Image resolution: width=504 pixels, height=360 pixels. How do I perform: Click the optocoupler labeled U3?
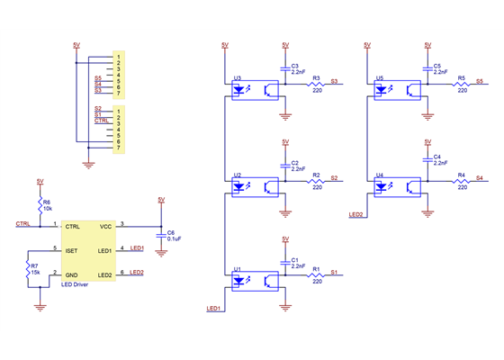click(255, 90)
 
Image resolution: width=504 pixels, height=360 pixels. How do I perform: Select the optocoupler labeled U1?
click(255, 281)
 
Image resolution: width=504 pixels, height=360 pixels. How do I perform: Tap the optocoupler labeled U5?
click(397, 90)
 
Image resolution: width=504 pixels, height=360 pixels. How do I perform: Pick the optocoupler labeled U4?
click(397, 186)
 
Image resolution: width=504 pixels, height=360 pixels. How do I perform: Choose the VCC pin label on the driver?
click(105, 227)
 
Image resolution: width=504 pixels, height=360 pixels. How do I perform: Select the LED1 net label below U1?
click(213, 309)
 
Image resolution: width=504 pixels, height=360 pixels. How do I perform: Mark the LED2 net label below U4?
click(355, 215)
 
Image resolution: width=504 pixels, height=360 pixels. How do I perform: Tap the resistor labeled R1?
click(316, 274)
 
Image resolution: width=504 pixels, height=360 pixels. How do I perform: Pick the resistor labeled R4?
click(461, 179)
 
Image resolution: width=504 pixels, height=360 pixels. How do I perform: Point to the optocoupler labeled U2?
click(255, 186)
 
